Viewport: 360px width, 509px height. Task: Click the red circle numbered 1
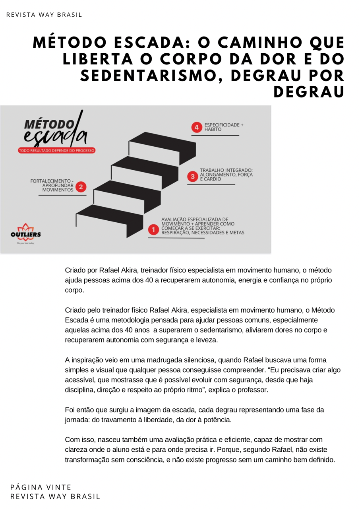point(154,229)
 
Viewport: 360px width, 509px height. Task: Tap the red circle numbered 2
point(81,187)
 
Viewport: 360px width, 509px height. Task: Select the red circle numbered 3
point(193,177)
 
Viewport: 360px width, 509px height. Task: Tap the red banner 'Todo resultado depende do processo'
point(57,151)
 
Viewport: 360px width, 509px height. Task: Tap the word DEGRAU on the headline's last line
point(309,91)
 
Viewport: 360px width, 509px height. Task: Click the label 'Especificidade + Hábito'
point(224,127)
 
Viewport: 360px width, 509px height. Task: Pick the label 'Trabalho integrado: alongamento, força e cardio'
point(226,175)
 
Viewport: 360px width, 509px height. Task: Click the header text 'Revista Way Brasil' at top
point(44,15)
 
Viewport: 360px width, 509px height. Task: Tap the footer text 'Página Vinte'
point(41,487)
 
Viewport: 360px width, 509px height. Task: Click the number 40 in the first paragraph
point(149,280)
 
